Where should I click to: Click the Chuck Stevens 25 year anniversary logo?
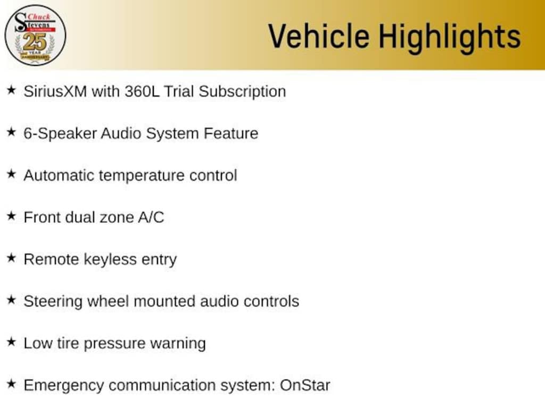[35, 35]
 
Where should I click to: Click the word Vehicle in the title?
[319, 36]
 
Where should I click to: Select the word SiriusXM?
[55, 91]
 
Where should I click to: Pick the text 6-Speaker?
[60, 134]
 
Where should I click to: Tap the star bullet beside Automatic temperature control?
[12, 174]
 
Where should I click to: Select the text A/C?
[151, 217]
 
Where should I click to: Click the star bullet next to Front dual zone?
[12, 216]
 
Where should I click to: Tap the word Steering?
[53, 302]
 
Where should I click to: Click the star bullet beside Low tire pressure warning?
[12, 342]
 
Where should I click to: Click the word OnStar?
[305, 386]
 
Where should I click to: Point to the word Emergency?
[64, 386]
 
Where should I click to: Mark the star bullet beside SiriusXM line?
[12, 90]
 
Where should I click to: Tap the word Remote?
[52, 259]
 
